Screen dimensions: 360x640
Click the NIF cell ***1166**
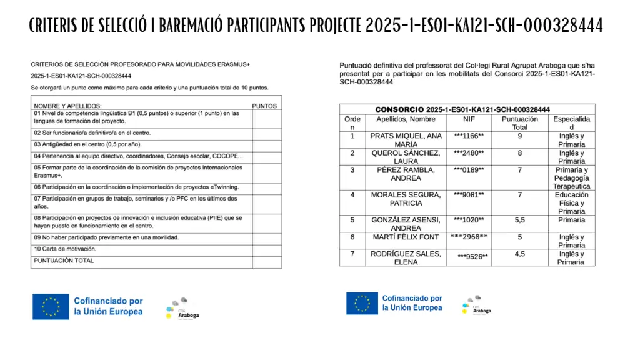click(x=469, y=136)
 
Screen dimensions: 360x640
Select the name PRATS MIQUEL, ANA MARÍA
click(x=406, y=140)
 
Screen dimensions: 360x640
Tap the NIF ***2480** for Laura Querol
click(x=469, y=153)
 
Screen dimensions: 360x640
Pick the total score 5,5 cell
click(x=519, y=221)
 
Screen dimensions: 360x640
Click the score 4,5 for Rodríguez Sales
click(x=519, y=254)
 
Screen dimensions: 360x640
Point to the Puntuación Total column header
click(x=519, y=123)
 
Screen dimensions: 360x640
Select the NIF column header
click(x=469, y=119)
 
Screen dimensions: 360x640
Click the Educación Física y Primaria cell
click(x=571, y=203)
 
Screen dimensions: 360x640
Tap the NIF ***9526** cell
click(x=472, y=256)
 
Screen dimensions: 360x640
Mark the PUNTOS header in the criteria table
click(x=264, y=106)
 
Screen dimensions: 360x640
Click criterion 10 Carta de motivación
click(x=66, y=249)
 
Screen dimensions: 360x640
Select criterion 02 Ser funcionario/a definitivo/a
click(x=92, y=133)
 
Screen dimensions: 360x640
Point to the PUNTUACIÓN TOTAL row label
click(x=64, y=261)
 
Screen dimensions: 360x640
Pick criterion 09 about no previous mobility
click(x=106, y=237)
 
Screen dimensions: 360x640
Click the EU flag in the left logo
click(x=51, y=307)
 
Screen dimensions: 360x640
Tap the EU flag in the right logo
click(x=362, y=303)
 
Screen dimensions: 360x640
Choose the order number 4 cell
click(x=352, y=195)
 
